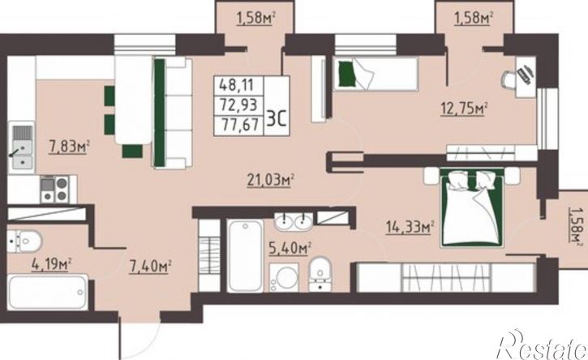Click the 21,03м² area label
coord(270,180)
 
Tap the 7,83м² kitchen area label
coord(69,146)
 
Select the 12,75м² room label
coord(463,109)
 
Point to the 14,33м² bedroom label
coord(410,227)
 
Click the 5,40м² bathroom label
coord(290,247)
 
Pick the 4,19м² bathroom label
coord(51,264)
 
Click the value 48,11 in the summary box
coord(236,85)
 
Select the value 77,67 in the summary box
coord(240,125)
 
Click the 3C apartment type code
coord(277,118)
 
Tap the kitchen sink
coord(22,147)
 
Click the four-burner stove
coord(55,189)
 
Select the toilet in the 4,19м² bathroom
coord(24,241)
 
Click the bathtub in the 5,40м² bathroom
coord(245,255)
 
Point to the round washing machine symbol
coord(284,277)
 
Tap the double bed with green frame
coord(472,208)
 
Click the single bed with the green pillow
coord(376,74)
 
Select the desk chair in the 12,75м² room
coord(509,80)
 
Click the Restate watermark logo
coord(542,345)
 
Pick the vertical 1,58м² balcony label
coord(575,225)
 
